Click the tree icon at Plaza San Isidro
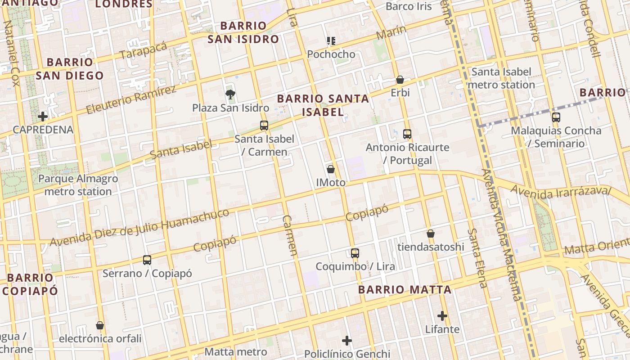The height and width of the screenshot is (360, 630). [230, 94]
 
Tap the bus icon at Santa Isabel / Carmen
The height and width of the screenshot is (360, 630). [264, 125]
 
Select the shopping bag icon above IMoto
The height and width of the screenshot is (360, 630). [331, 169]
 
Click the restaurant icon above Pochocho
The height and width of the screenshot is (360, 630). [331, 41]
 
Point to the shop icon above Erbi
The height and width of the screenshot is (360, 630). [400, 80]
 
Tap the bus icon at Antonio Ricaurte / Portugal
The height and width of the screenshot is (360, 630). [407, 134]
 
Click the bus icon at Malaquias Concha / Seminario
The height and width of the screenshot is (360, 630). [556, 117]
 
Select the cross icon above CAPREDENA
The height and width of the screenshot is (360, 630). [43, 117]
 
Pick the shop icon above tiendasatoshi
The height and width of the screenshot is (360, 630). [431, 234]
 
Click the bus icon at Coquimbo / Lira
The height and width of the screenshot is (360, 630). [355, 253]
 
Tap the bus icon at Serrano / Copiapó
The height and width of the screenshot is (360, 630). [147, 260]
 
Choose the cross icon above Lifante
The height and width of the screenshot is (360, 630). [442, 316]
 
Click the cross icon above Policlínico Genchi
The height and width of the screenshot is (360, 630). [347, 341]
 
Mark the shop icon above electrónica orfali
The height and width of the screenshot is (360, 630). [100, 325]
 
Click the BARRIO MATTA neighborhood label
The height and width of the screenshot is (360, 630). [405, 290]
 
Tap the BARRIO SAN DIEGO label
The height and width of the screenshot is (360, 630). [70, 69]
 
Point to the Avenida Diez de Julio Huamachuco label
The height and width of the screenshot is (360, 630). [139, 227]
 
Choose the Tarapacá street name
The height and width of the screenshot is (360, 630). [144, 50]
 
